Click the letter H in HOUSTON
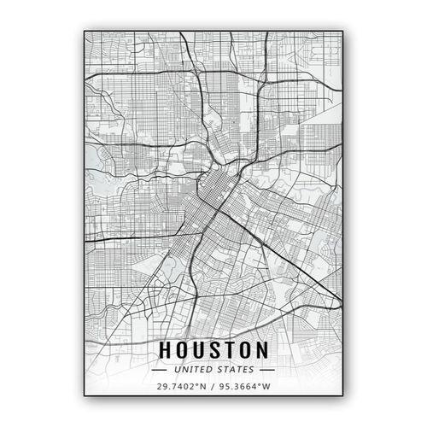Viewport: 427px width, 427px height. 165,349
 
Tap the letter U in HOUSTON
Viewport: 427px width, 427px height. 200,349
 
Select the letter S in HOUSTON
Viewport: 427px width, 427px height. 215,349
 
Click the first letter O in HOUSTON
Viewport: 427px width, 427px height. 182,349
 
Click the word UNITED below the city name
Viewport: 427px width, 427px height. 194,370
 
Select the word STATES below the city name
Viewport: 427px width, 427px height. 235,370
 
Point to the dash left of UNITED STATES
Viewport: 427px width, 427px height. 160,370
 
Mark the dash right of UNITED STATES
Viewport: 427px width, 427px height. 266,370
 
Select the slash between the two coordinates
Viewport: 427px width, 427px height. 213,387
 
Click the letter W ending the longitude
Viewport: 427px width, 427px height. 266,387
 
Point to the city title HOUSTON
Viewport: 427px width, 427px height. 213,349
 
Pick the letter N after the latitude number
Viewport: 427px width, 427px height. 202,387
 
